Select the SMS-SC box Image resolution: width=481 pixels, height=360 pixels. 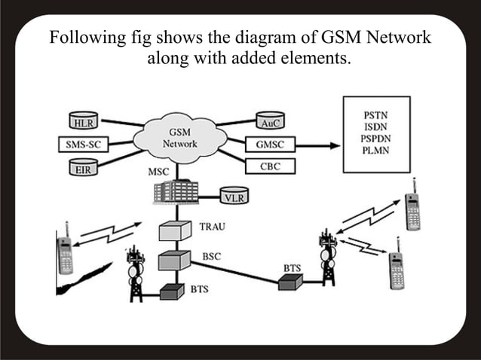click(80, 144)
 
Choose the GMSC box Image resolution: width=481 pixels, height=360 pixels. click(270, 144)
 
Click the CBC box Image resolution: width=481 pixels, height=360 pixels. click(270, 166)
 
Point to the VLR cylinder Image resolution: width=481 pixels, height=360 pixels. click(235, 197)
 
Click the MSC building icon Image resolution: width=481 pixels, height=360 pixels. click(176, 191)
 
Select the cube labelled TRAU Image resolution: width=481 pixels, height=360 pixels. click(175, 230)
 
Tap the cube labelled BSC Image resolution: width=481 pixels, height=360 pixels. click(174, 261)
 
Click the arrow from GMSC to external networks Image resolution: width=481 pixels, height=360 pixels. click(317, 144)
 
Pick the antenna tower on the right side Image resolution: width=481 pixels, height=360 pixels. click(327, 256)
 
